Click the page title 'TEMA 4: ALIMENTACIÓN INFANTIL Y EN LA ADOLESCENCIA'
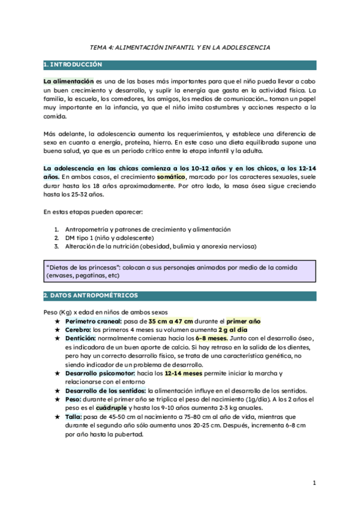pyautogui.click(x=179, y=47)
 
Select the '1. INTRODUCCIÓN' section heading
pyautogui.click(x=73, y=64)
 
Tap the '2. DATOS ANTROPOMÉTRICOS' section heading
pyautogui.click(x=91, y=295)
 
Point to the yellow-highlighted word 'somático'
pyautogui.click(x=172, y=178)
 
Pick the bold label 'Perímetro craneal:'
pyautogui.click(x=94, y=321)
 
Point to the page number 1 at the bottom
pyautogui.click(x=314, y=483)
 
